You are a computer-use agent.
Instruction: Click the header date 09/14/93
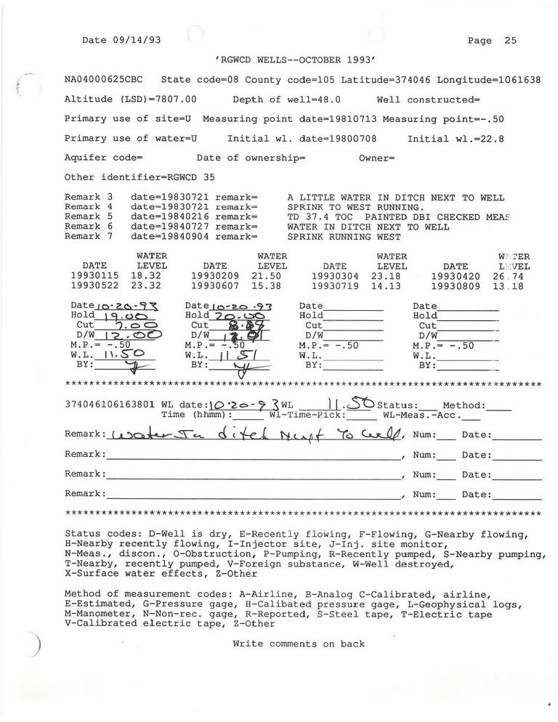[137, 40]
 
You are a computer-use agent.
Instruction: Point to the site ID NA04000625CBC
[106, 80]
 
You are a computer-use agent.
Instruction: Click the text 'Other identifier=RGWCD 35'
[139, 177]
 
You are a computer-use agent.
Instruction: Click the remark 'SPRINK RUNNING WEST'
[344, 236]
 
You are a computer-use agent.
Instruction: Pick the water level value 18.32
[145, 276]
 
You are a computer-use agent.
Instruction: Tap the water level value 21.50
[266, 276]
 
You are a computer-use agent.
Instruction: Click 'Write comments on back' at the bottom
[299, 644]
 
